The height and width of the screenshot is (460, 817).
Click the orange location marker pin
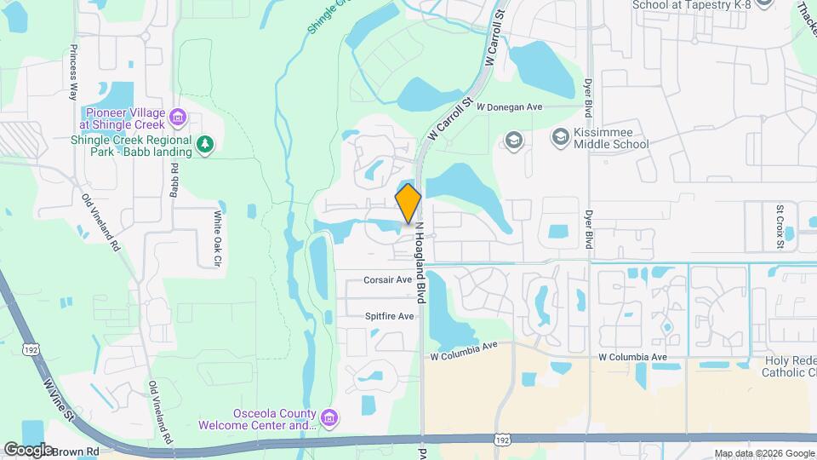[x=408, y=204]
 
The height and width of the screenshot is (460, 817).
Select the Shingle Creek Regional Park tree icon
[x=205, y=146]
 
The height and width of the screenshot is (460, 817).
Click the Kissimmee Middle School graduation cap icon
[x=560, y=136]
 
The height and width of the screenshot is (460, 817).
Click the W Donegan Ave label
[x=510, y=107]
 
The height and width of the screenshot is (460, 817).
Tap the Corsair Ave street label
[x=388, y=279]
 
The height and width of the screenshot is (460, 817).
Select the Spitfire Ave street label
[x=389, y=316]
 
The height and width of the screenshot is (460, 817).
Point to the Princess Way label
[x=74, y=73]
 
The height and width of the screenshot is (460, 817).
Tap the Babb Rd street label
[x=174, y=177]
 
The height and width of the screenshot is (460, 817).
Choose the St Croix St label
[x=780, y=226]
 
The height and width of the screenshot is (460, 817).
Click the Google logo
[x=28, y=449]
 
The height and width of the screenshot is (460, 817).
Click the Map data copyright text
[x=763, y=453]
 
